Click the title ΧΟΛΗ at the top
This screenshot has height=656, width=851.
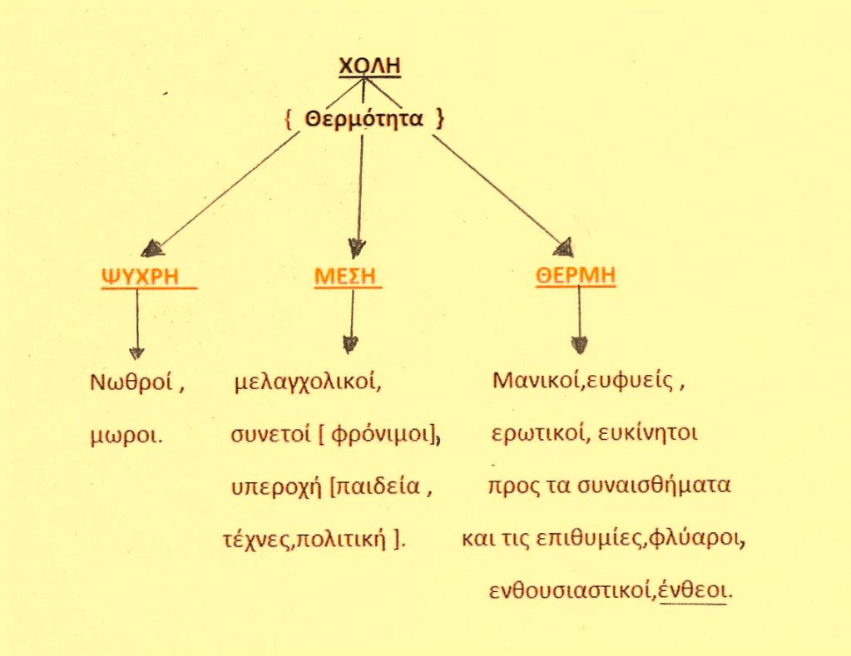coord(370,66)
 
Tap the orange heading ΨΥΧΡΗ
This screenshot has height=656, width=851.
coord(141,277)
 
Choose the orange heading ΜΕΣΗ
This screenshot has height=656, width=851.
coord(344,277)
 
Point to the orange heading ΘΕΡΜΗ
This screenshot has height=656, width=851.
coord(576,277)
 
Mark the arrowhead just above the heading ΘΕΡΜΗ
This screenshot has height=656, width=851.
coord(563,247)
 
